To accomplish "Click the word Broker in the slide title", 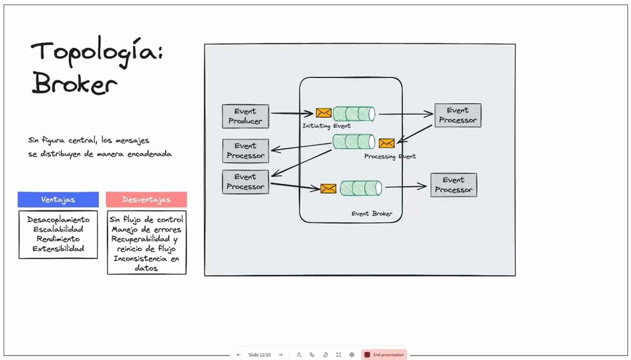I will pos(75,84).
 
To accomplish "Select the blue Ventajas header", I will pos(58,199).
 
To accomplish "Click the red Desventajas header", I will pos(146,199).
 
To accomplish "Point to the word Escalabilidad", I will pos(58,229).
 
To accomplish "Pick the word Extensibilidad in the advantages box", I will pos(58,249).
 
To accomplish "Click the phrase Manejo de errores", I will pos(146,229).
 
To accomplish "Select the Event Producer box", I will pos(245,116).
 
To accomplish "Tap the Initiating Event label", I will pos(326,126).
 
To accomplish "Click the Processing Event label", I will pos(390,156).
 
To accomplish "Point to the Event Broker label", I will pos(372,214).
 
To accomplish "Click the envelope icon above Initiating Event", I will pos(324,113).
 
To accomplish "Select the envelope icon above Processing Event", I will pos(386,143).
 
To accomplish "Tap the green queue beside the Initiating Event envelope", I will pos(354,113).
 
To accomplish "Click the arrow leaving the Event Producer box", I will pos(291,113).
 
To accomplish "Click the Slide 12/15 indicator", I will pos(259,355).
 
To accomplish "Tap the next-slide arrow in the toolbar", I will pos(281,355).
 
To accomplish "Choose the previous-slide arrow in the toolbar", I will pos(238,355).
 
